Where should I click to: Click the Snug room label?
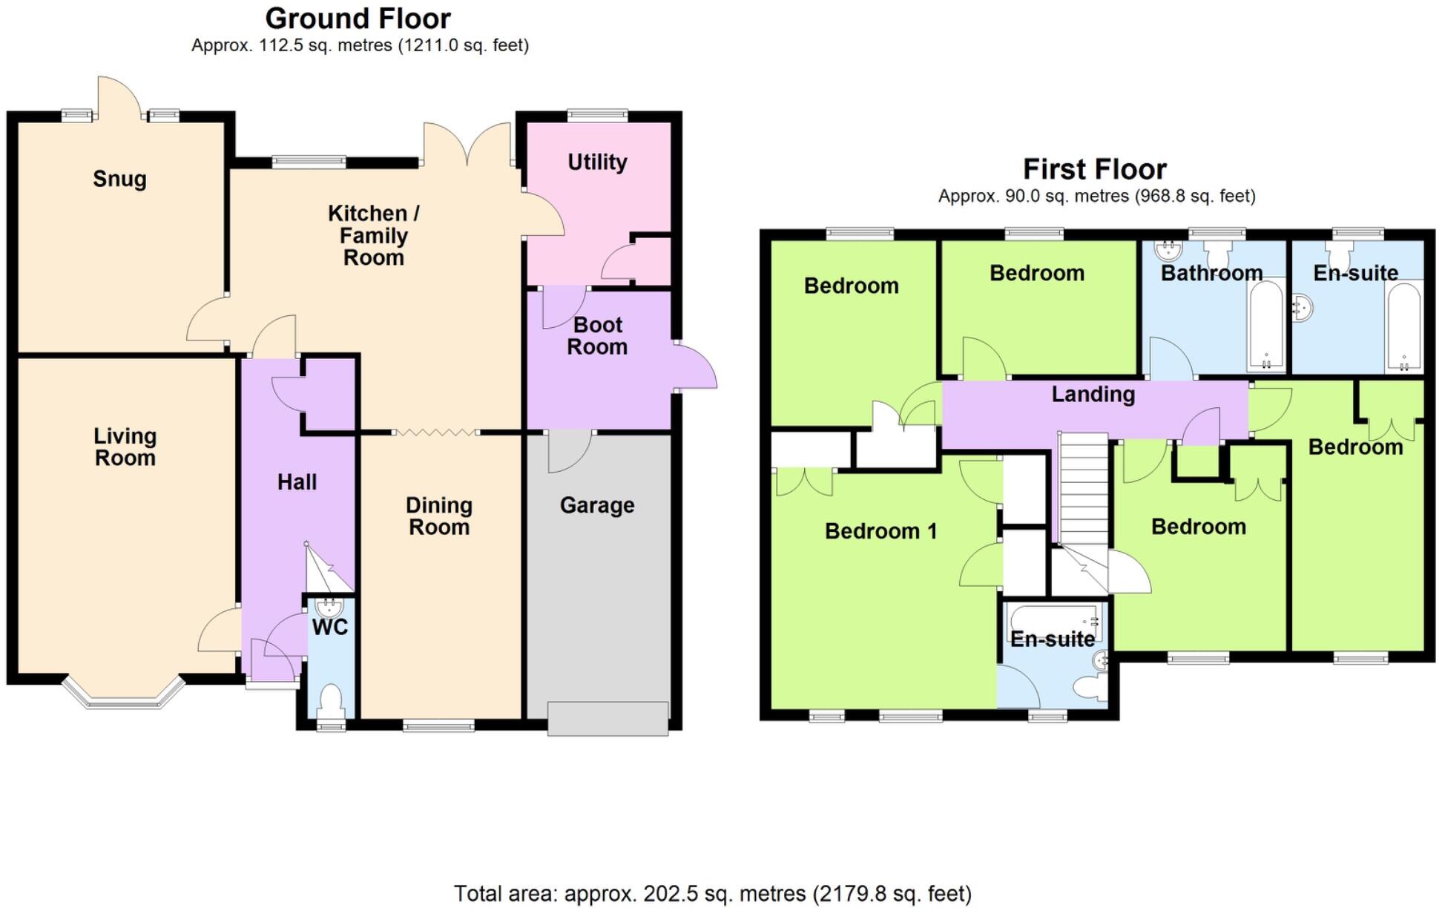click(119, 179)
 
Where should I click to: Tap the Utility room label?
click(597, 162)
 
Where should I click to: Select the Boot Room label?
click(597, 336)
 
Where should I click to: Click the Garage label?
click(597, 505)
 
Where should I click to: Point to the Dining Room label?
click(439, 516)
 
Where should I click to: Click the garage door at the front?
click(608, 719)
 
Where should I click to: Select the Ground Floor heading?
click(358, 19)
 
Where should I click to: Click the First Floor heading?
click(1094, 169)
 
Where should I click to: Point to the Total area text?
click(712, 893)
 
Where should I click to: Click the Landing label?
click(1093, 394)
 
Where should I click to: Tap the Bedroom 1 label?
click(880, 531)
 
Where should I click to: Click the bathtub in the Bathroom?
click(1266, 326)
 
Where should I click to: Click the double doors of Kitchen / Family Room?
click(467, 145)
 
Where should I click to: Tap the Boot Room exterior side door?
click(697, 366)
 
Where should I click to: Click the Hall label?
click(297, 482)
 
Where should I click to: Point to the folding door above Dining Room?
click(435, 432)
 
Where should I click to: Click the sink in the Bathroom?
click(1168, 250)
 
